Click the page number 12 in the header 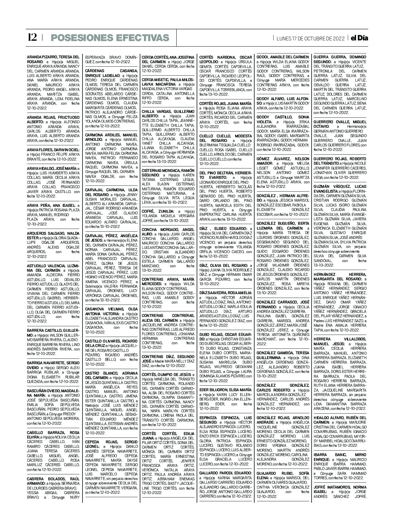click(32, 37)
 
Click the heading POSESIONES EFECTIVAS click(110, 38)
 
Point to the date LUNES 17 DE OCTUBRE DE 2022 click(311, 38)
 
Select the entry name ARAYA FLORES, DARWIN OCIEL click(53, 150)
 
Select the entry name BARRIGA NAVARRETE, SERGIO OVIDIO click(53, 363)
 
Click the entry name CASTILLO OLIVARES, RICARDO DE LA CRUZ click(111, 341)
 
